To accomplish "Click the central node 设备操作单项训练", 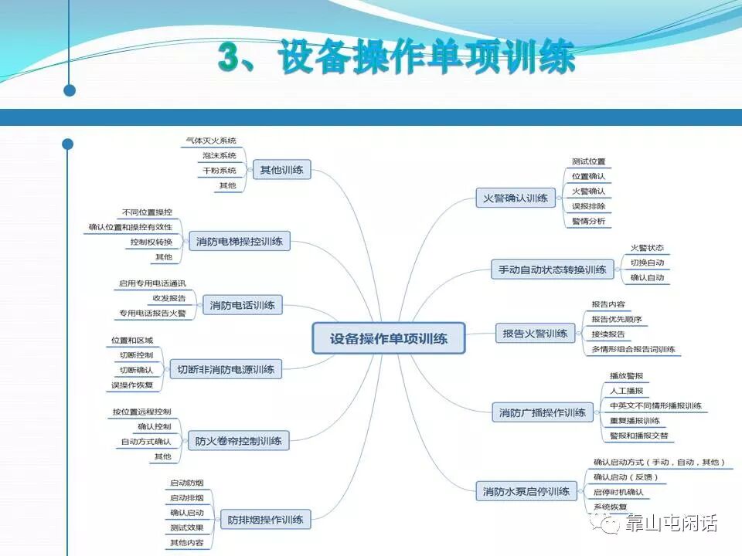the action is (389, 338).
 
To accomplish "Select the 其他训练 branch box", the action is (281, 170).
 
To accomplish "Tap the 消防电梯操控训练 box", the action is (240, 242).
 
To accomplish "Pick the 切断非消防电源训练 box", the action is (226, 369).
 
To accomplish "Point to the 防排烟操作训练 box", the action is (265, 519).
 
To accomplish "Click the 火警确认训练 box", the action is (516, 198).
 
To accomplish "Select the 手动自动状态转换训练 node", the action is (552, 270).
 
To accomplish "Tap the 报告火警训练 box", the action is (535, 334).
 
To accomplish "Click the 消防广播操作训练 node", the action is (543, 412).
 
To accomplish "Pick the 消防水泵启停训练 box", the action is (526, 491).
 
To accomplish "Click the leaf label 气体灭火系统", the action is (211, 141).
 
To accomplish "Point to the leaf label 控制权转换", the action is (151, 242).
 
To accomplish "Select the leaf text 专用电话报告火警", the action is (152, 314).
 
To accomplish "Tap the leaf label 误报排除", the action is (588, 206).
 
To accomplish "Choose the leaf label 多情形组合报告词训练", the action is (633, 349).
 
